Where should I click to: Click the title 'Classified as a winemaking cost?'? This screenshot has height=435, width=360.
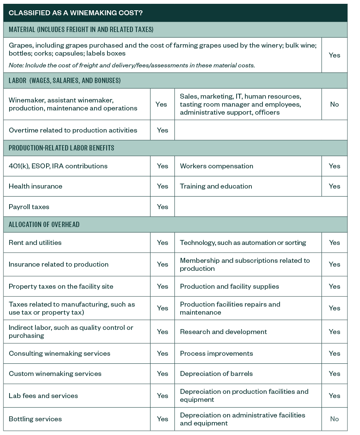click(x=75, y=13)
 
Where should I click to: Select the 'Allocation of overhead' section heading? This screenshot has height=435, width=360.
click(x=44, y=224)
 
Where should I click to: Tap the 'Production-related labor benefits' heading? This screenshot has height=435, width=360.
click(x=61, y=148)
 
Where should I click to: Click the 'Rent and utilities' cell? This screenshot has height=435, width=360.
click(x=35, y=243)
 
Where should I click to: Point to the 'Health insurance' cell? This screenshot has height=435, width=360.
click(x=35, y=186)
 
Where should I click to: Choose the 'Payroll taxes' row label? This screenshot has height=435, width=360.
click(x=29, y=207)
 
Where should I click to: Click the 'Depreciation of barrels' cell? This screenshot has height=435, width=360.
click(x=216, y=374)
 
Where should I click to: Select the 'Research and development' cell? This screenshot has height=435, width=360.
click(x=223, y=332)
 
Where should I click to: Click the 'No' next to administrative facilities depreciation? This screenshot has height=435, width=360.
click(x=334, y=419)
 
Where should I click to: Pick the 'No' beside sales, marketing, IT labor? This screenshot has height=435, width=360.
click(x=334, y=104)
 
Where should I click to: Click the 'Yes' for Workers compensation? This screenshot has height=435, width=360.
click(x=334, y=166)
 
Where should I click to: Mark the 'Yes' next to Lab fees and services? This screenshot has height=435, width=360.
click(x=163, y=396)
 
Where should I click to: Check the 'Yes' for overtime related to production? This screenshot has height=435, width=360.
click(x=163, y=130)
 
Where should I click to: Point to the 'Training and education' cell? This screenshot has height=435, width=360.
click(x=216, y=186)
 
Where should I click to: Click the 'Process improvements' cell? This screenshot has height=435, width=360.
click(x=216, y=353)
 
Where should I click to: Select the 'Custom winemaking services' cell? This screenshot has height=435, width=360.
click(x=55, y=374)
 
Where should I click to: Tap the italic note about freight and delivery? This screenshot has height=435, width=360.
click(x=131, y=65)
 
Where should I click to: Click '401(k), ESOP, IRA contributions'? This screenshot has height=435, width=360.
click(x=58, y=166)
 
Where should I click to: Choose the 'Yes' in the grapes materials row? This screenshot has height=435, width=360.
click(x=334, y=55)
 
